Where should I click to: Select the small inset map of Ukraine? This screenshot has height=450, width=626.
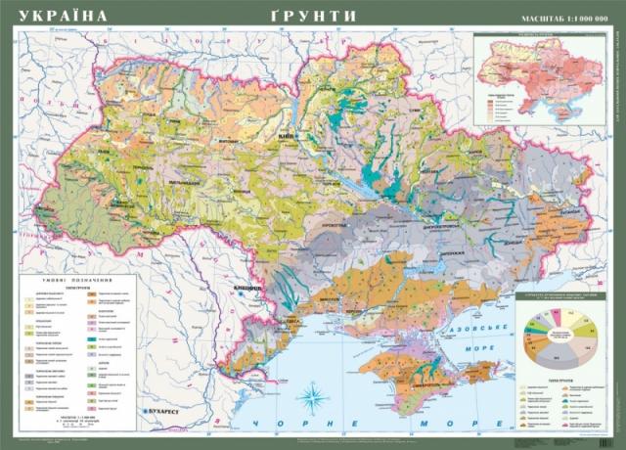[x=535, y=73]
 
